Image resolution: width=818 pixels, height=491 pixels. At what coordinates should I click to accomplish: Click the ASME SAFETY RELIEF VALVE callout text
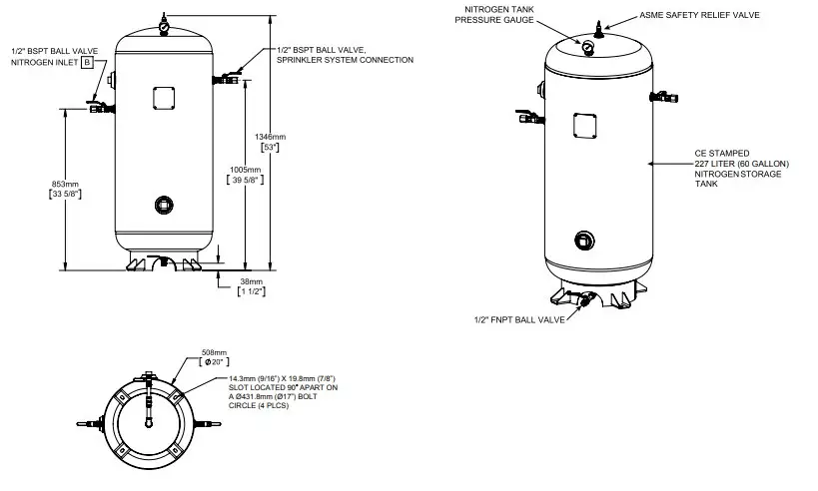[698, 16]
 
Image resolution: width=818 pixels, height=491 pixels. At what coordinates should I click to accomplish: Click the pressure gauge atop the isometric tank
[590, 44]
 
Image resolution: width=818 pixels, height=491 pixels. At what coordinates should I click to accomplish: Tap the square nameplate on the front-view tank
[163, 98]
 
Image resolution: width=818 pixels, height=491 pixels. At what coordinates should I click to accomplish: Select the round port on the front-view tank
[164, 205]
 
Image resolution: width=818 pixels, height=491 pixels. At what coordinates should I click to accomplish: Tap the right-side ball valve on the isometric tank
[663, 97]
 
